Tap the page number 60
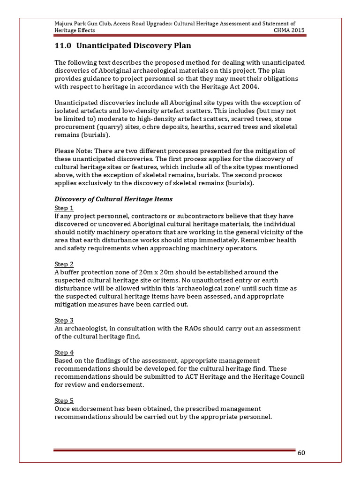tap(301, 453)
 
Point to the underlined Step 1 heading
tap(64, 208)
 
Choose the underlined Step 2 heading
tap(64, 264)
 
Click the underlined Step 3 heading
tap(64, 320)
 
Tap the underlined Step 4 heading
tap(64, 352)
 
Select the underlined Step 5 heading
tap(64, 400)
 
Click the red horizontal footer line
tap(173, 450)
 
